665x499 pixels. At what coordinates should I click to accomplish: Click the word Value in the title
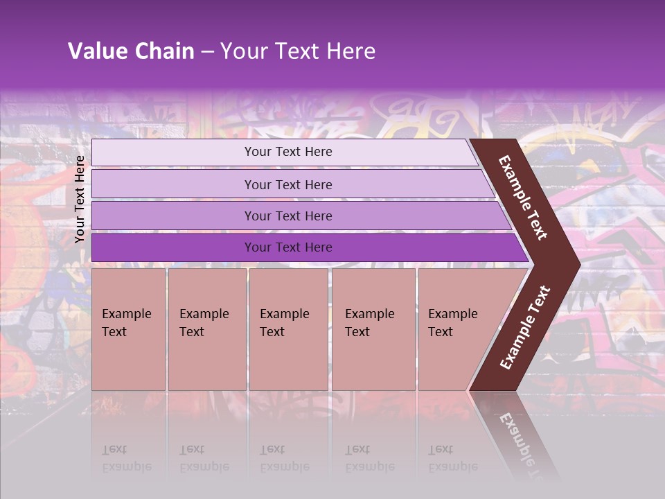(96, 51)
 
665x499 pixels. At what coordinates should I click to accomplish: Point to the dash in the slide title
(207, 52)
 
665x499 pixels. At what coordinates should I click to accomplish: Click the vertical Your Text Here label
(80, 199)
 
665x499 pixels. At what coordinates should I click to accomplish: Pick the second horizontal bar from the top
(287, 184)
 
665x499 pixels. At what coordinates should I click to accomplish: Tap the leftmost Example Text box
(128, 329)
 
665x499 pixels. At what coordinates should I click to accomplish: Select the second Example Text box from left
(206, 329)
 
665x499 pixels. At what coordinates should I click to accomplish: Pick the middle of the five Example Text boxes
(288, 329)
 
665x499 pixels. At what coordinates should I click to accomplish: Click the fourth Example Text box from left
(373, 329)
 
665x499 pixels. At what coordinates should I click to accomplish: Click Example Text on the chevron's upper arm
(523, 198)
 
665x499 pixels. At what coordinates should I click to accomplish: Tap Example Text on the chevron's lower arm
(525, 327)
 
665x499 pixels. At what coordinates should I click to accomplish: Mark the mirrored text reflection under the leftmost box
(126, 458)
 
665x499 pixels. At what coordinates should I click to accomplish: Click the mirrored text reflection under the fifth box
(452, 458)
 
